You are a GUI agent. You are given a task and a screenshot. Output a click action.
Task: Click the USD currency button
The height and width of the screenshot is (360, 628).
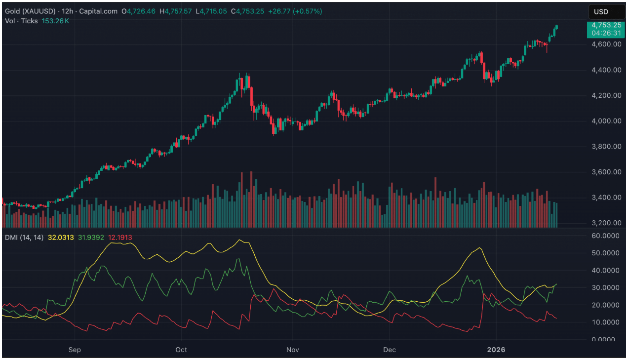pyautogui.click(x=606, y=12)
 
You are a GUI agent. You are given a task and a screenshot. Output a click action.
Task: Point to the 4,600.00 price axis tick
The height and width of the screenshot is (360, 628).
pyautogui.click(x=607, y=44)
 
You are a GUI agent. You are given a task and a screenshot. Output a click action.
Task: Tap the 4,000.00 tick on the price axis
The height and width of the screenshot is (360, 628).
pyautogui.click(x=607, y=121)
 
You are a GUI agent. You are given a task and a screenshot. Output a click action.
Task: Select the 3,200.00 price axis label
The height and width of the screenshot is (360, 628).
pyautogui.click(x=607, y=223)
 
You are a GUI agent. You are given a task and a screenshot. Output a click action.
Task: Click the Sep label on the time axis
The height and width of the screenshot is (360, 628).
pyautogui.click(x=74, y=350)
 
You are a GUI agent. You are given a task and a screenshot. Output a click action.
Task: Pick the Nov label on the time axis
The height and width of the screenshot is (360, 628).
pyautogui.click(x=293, y=350)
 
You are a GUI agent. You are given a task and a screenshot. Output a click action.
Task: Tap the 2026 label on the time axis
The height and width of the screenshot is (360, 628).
pyautogui.click(x=496, y=350)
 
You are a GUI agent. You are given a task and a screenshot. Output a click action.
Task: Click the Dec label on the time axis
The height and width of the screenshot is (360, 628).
pyautogui.click(x=390, y=350)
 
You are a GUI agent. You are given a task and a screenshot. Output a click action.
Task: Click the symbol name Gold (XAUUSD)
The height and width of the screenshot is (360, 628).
pyautogui.click(x=31, y=11)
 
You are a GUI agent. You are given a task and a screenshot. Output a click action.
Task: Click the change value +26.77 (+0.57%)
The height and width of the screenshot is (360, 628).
pyautogui.click(x=295, y=11)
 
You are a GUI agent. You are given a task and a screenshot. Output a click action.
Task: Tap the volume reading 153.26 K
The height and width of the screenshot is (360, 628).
pyautogui.click(x=55, y=21)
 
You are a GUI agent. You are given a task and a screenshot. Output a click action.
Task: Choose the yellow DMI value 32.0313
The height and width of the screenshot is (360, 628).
pyautogui.click(x=61, y=238)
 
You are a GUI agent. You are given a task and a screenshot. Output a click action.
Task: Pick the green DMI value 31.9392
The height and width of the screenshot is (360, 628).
pyautogui.click(x=91, y=238)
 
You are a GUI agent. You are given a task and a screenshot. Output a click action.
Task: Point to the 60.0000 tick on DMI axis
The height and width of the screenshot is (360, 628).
pyautogui.click(x=606, y=236)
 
